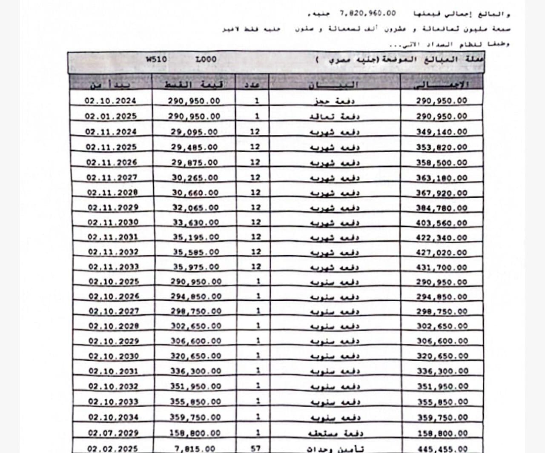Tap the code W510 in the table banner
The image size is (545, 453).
point(156,60)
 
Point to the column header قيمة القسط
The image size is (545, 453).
point(194,84)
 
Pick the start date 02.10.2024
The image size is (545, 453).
point(110,101)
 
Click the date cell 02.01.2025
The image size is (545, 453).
point(110,116)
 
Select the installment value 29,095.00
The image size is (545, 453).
point(194,132)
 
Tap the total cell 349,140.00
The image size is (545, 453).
point(441,132)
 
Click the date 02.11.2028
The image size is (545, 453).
point(112,192)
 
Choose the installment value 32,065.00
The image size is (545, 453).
point(195,208)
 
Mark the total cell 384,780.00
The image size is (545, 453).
point(441,208)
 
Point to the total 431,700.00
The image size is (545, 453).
point(441,268)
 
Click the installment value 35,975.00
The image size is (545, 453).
point(195,267)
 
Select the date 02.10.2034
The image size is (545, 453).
point(113,417)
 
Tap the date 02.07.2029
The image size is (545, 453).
point(113,433)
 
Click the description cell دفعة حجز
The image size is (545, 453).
point(334,101)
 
